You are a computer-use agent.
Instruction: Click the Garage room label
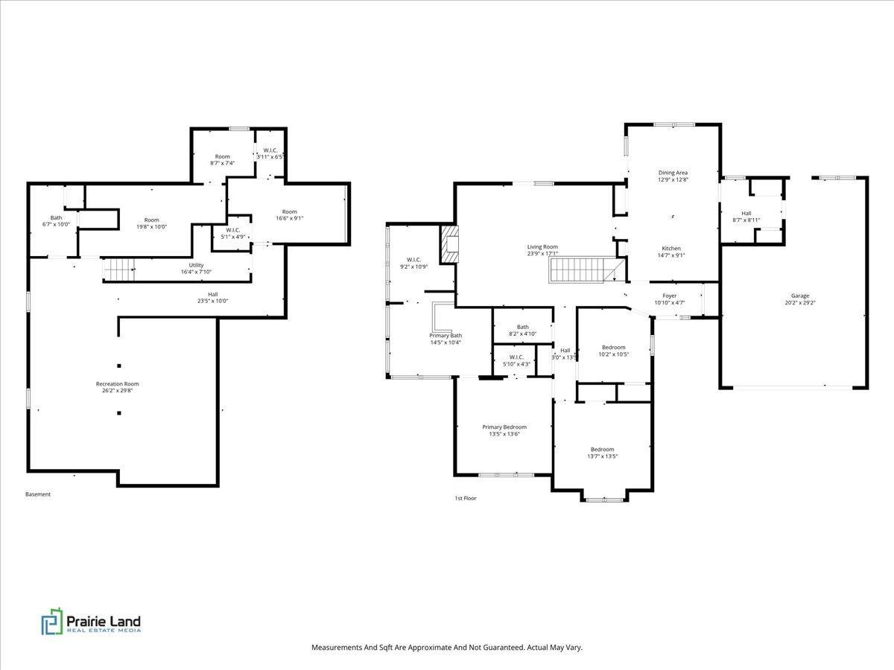point(800,296)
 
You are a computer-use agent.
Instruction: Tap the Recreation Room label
point(117,383)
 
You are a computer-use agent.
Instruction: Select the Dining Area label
point(673,173)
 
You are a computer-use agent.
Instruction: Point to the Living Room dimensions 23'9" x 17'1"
point(542,253)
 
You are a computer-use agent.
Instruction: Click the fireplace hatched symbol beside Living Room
point(450,244)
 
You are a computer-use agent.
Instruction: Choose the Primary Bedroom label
point(504,427)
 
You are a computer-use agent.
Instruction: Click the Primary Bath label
point(446,336)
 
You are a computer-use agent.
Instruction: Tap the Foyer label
point(670,296)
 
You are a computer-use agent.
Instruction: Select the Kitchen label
point(671,248)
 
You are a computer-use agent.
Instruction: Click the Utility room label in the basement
point(196,265)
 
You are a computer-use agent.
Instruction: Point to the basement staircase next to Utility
point(118,269)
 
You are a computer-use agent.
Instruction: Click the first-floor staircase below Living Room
point(586,269)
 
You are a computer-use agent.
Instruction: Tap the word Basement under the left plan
point(38,494)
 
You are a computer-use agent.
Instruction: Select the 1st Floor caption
point(466,498)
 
